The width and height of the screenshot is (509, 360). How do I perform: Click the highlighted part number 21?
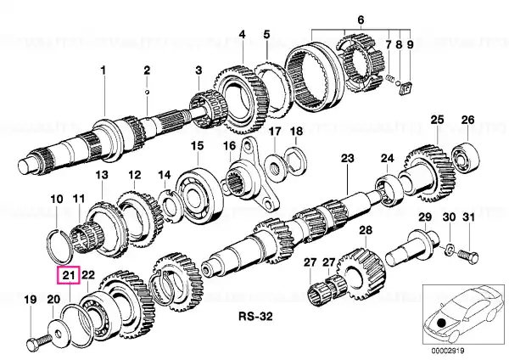(69, 276)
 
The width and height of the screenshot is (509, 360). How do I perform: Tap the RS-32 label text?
(255, 316)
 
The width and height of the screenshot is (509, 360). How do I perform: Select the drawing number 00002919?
(448, 351)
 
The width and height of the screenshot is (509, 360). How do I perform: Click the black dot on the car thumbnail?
(441, 323)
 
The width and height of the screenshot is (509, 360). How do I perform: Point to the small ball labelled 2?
(147, 92)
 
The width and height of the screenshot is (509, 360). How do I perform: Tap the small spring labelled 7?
(390, 79)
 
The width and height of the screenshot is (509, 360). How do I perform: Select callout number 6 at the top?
(361, 20)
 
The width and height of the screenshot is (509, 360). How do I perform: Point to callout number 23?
(348, 158)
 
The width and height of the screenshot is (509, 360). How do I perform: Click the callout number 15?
(197, 145)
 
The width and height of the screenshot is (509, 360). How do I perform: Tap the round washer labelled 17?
(275, 166)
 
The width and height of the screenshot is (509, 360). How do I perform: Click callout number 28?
(366, 230)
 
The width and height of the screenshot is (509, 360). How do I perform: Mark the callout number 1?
(103, 70)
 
